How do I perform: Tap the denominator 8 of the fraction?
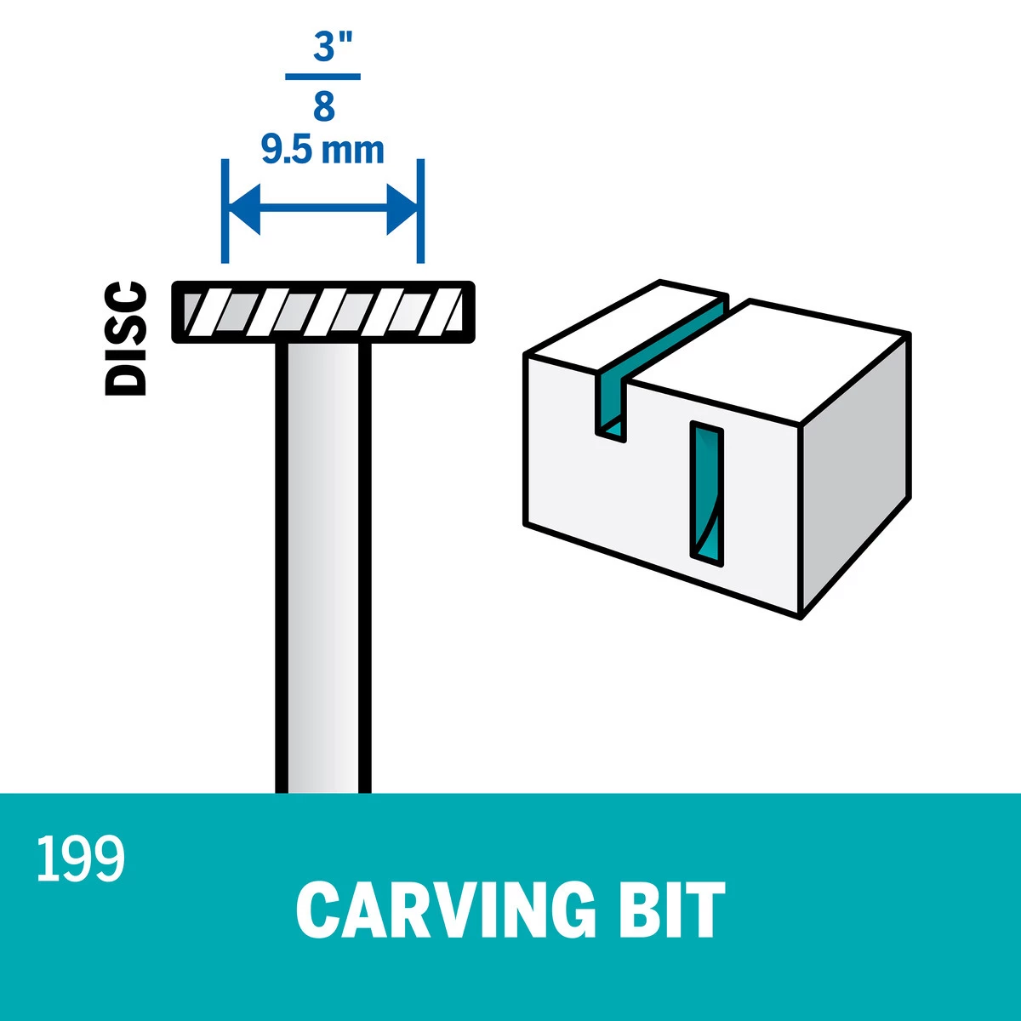(x=323, y=106)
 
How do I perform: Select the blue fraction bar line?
(x=322, y=77)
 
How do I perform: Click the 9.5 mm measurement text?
(x=322, y=150)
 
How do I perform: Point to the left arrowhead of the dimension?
(x=243, y=210)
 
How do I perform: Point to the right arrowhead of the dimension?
(x=402, y=210)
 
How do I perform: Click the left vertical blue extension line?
(x=225, y=211)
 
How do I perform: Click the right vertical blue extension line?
(x=420, y=211)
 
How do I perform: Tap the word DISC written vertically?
(x=126, y=339)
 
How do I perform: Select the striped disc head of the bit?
(x=323, y=312)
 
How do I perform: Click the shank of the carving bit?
(x=323, y=567)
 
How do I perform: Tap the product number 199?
(x=81, y=859)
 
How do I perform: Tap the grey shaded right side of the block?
(x=854, y=473)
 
